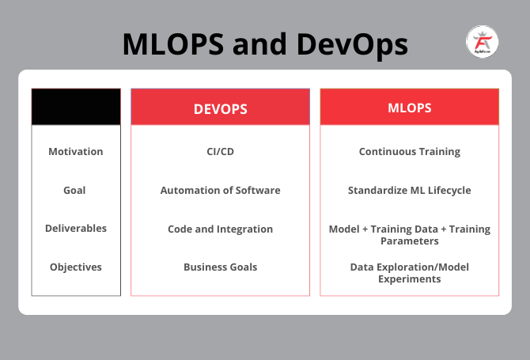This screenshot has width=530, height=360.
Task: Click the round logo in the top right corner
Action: pyautogui.click(x=482, y=43)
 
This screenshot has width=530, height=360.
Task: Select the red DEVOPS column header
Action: pyautogui.click(x=220, y=108)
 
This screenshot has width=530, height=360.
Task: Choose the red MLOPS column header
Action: pyautogui.click(x=409, y=107)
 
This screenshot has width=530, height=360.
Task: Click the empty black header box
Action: pyautogui.click(x=76, y=107)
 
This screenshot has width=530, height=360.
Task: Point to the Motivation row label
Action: pyautogui.click(x=76, y=151)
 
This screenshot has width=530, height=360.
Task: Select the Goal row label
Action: pyautogui.click(x=75, y=190)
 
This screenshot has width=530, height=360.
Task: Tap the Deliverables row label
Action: pyautogui.click(x=76, y=228)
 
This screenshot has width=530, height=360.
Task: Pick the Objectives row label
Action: pyautogui.click(x=76, y=267)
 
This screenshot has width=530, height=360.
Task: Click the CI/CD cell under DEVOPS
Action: pyautogui.click(x=220, y=151)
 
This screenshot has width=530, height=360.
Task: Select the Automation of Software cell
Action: pyautogui.click(x=220, y=190)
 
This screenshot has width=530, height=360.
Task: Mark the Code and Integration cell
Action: pyautogui.click(x=220, y=229)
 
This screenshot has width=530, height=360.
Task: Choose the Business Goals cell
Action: pyautogui.click(x=220, y=267)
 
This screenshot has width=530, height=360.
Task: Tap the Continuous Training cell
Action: pyautogui.click(x=409, y=151)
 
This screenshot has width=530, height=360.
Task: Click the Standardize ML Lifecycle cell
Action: pyautogui.click(x=409, y=190)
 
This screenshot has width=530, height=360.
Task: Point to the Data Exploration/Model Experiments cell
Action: pyautogui.click(x=409, y=273)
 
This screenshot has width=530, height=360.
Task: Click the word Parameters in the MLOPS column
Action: pyautogui.click(x=409, y=241)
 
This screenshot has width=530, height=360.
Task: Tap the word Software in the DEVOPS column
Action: pyautogui.click(x=256, y=190)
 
